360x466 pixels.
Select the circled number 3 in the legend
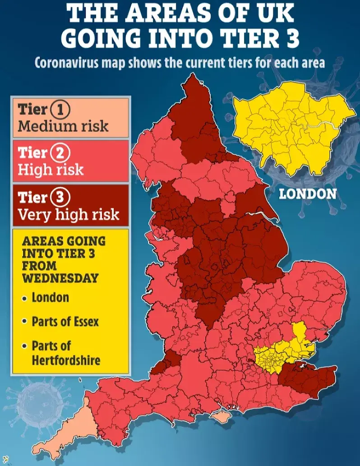coord(61,198)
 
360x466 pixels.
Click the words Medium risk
coord(63,126)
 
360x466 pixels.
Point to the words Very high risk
coord(69,214)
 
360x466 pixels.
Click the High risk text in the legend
coord(51,170)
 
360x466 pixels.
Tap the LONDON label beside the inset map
coord(308,194)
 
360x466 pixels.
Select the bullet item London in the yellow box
coord(50,298)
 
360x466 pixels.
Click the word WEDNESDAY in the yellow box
coord(60,277)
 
